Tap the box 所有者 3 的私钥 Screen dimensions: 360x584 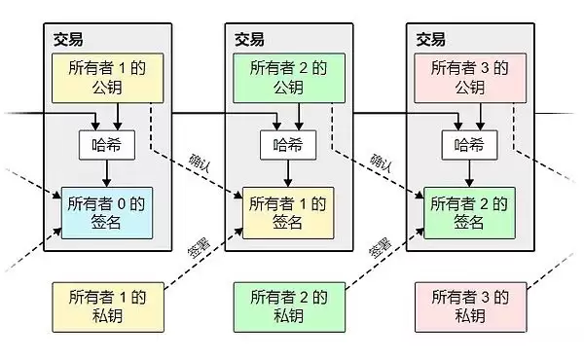pos(464,306)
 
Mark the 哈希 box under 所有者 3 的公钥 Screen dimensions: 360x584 pos(464,145)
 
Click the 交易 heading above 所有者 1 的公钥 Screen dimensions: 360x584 pos(68,39)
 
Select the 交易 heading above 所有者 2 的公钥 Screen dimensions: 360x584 pos(249,39)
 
